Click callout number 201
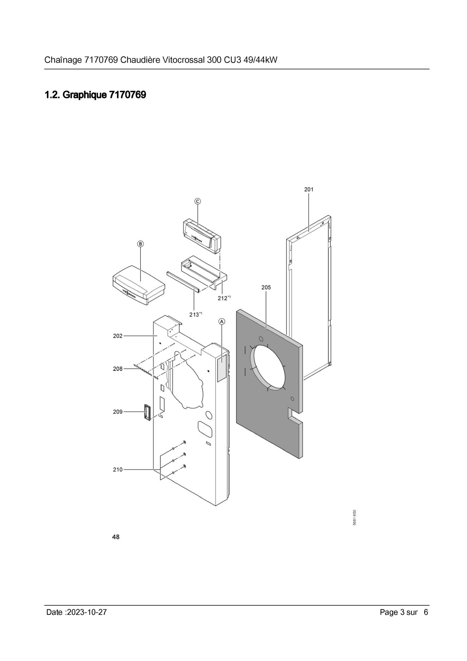click(x=309, y=190)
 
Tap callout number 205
click(x=266, y=287)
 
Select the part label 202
click(x=118, y=336)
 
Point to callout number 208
click(x=118, y=369)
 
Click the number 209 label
click(x=118, y=412)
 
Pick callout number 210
click(x=118, y=469)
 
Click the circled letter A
click(x=222, y=321)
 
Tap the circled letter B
click(x=141, y=244)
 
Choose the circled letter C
click(x=197, y=201)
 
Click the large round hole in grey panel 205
click(x=268, y=368)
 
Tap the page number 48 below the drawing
click(x=116, y=537)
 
